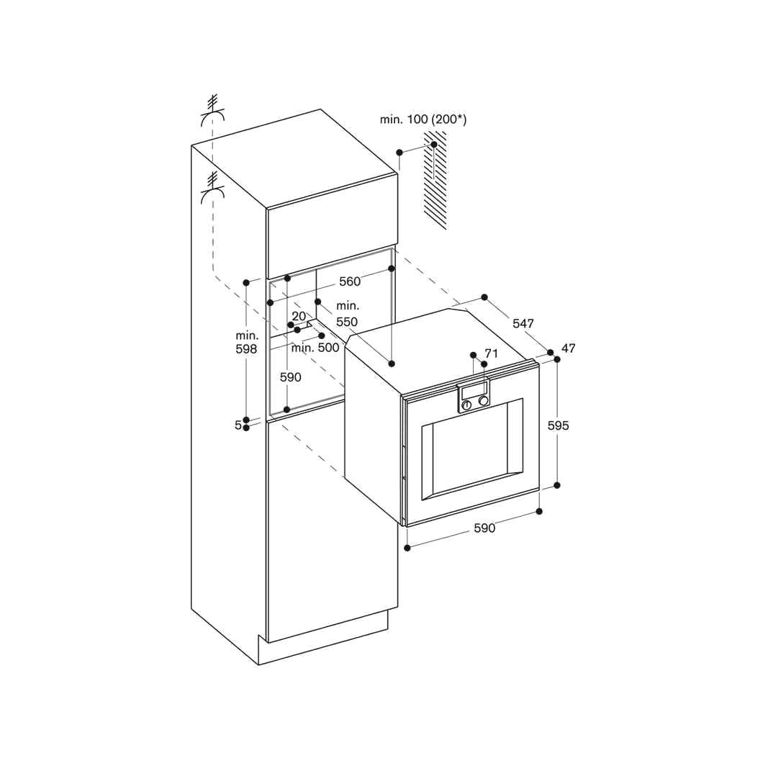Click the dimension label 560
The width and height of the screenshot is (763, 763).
[x=350, y=281]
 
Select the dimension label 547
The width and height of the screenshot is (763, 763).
[x=523, y=324]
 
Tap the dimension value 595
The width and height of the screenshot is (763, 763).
[x=558, y=425]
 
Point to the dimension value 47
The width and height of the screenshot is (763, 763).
[x=569, y=348]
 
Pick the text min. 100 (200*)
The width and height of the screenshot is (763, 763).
[x=423, y=119]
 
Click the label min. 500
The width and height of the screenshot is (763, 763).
[x=315, y=348]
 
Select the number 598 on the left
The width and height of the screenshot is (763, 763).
[x=246, y=349]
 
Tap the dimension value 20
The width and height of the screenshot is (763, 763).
[x=299, y=316]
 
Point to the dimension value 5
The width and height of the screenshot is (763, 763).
[x=238, y=425]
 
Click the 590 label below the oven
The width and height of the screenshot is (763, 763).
[x=484, y=528]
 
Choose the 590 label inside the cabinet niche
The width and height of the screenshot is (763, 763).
[x=291, y=377]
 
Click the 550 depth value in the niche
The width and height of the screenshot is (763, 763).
[x=347, y=322]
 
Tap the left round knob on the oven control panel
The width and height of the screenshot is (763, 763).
[x=467, y=405]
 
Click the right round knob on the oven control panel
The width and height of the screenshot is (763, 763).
[x=484, y=400]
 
